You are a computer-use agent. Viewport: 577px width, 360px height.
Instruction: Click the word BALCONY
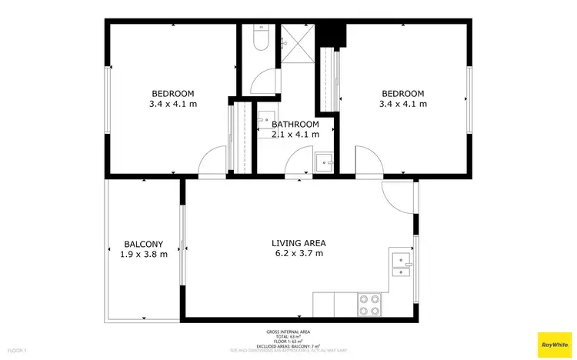tap(144, 245)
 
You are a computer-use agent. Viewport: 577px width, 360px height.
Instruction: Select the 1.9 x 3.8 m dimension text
tap(144, 255)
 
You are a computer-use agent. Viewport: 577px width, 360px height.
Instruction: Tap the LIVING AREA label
tap(297, 243)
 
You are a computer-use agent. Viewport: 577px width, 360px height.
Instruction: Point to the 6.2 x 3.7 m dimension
tap(297, 253)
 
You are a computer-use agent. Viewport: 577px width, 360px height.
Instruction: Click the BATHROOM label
tap(295, 125)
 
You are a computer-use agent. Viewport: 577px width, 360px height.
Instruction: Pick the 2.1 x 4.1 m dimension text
tap(295, 135)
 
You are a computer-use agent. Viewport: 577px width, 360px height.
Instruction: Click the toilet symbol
tap(259, 38)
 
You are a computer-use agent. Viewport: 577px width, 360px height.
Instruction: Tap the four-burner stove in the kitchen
tap(369, 305)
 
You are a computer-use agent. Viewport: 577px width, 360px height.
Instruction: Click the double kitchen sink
tap(401, 263)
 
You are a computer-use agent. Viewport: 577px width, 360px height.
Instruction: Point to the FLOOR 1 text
tap(14, 350)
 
